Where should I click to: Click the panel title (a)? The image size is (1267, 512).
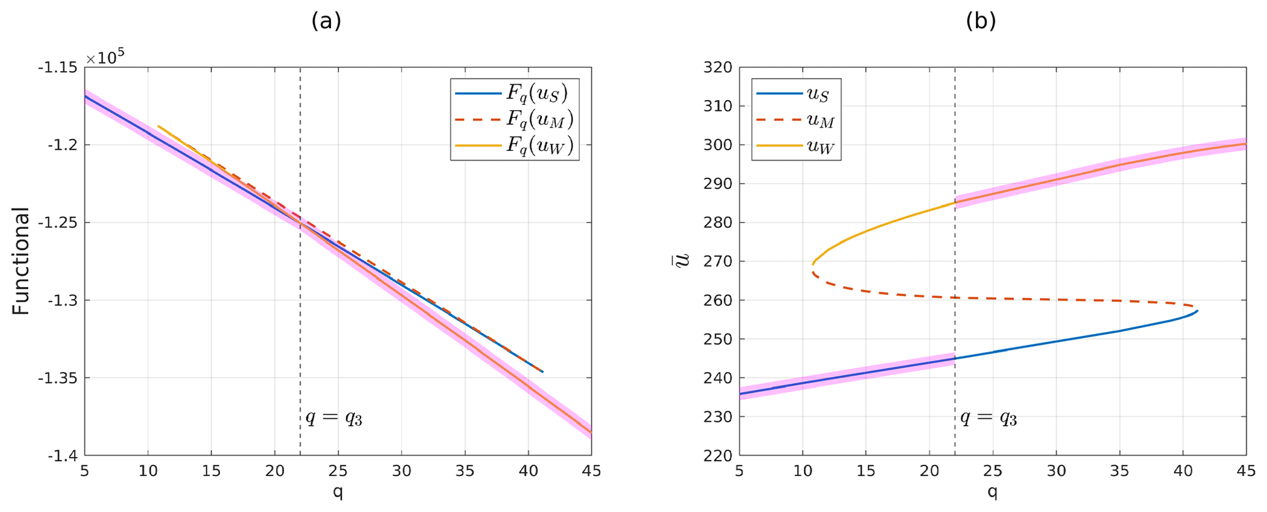[325, 21]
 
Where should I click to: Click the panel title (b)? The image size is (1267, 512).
[981, 21]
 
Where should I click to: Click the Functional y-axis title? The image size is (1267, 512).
[21, 261]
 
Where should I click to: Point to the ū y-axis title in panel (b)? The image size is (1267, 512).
[682, 261]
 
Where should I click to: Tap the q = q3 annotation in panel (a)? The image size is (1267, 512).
[334, 418]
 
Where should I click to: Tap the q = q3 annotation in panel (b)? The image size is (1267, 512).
[988, 418]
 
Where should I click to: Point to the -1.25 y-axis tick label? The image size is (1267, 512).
[59, 223]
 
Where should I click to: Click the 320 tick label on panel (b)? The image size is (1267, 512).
[718, 67]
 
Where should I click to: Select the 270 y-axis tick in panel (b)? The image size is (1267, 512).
[718, 261]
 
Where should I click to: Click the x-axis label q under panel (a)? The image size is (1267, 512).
[338, 492]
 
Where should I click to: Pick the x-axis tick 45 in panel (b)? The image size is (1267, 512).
[1246, 471]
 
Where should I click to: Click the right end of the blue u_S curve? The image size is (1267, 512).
[1197, 310]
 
